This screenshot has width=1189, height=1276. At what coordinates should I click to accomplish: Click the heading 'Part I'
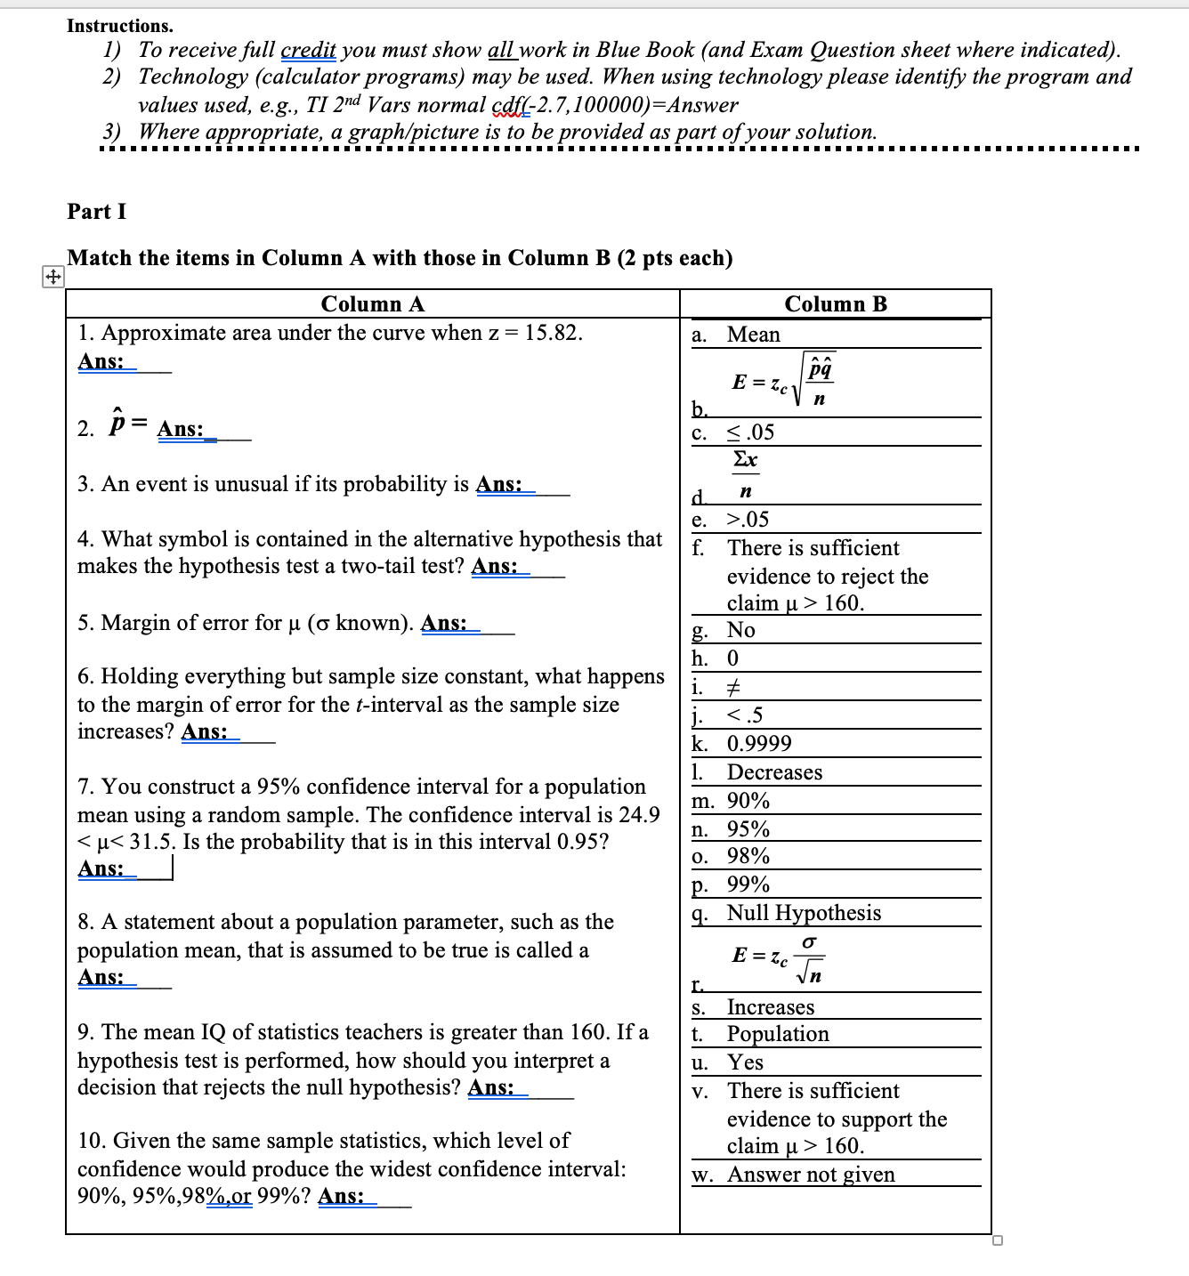96,212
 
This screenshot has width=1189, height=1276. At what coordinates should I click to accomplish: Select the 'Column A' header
372,304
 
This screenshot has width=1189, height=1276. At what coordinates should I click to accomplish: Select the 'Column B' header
835,304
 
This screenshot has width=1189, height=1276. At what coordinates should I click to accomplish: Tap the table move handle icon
53,278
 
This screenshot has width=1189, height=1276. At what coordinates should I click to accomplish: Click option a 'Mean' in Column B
753,335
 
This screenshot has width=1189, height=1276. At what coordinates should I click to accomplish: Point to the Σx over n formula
745,473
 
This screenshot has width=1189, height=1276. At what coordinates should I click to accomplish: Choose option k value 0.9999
758,744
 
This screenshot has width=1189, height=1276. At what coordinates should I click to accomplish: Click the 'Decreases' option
774,772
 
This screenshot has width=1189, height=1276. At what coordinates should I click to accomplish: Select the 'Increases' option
770,1007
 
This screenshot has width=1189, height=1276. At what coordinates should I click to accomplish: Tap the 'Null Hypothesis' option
803,913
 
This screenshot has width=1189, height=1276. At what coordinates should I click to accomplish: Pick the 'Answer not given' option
811,1175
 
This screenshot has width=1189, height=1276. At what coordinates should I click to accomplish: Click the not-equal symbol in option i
734,687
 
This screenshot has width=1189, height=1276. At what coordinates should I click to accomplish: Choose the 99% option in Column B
748,884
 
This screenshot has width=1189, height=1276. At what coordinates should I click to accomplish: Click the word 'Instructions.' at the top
120,26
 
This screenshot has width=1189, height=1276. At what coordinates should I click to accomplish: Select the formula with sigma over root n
777,959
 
